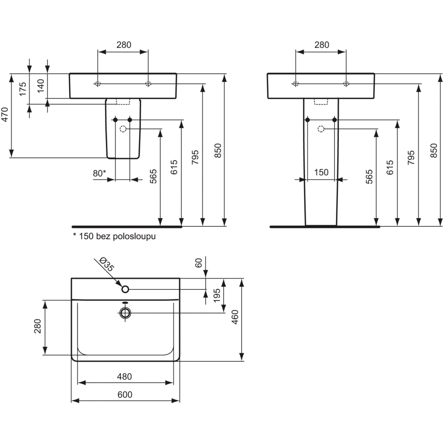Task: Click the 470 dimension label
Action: (5, 114)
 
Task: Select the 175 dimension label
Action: (22, 89)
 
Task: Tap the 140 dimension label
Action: (41, 86)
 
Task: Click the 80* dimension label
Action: (100, 173)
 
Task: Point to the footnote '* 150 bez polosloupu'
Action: (114, 236)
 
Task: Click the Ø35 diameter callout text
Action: (107, 264)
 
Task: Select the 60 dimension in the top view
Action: (199, 263)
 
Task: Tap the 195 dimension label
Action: (217, 295)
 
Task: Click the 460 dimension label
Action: (235, 317)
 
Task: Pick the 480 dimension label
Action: (125, 376)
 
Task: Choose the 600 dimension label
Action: (125, 395)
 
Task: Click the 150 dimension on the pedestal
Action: (321, 172)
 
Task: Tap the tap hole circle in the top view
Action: (125, 289)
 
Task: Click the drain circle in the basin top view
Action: (125, 313)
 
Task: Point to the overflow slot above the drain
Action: (125, 302)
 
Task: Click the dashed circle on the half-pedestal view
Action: (123, 129)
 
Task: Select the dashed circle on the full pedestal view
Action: (321, 129)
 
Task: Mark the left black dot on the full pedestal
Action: (308, 120)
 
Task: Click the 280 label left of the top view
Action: (38, 326)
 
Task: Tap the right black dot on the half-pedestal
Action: (130, 120)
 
